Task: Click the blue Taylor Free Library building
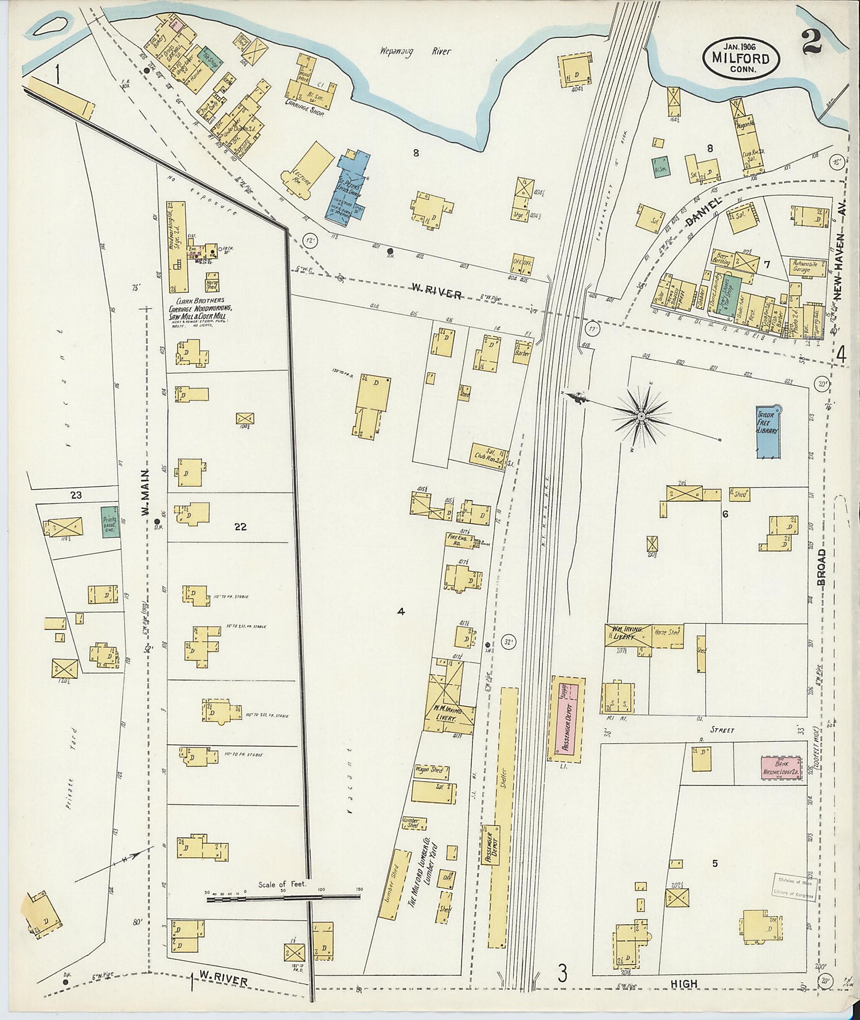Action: [768, 432]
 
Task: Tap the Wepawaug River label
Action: [415, 52]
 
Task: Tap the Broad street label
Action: [822, 567]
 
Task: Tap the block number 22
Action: [240, 526]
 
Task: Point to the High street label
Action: [685, 984]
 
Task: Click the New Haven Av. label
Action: [841, 257]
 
